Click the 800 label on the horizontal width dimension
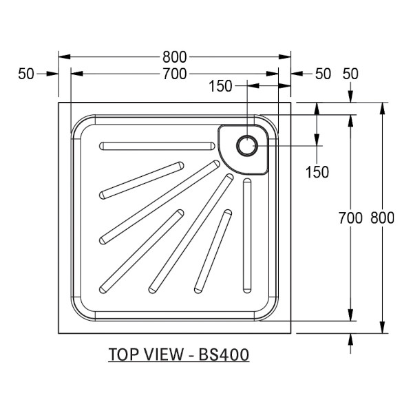click(x=174, y=57)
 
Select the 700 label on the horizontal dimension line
click(x=174, y=74)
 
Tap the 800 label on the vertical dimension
click(x=382, y=218)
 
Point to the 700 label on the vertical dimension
click(x=350, y=218)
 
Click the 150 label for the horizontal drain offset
click(x=220, y=86)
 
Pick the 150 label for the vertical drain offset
click(x=317, y=172)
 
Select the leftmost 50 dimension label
click(x=26, y=74)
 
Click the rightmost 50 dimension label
click(x=350, y=74)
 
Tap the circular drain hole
click(x=247, y=146)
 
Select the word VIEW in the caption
click(x=165, y=354)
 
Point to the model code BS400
click(x=224, y=354)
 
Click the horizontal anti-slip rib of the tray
click(x=157, y=146)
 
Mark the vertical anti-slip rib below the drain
click(x=247, y=235)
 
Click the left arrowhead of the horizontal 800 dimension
click(x=64, y=57)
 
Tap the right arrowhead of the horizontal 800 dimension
click(x=285, y=57)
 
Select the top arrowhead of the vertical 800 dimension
click(x=383, y=108)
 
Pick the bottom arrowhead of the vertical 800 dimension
click(x=383, y=328)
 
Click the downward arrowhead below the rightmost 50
click(x=350, y=96)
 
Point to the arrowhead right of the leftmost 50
click(x=52, y=74)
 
